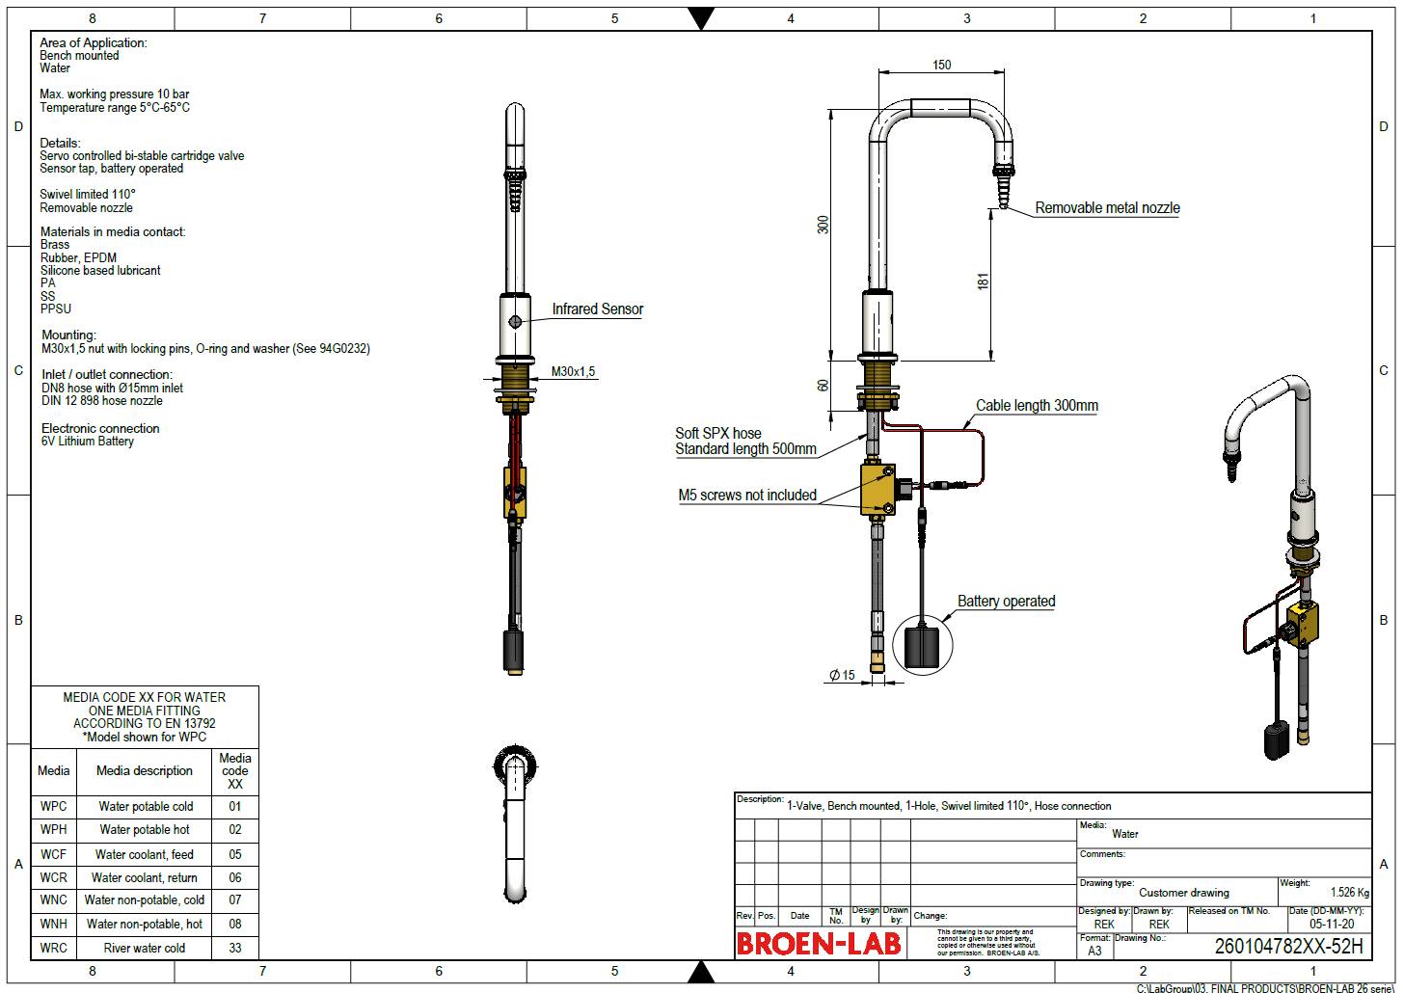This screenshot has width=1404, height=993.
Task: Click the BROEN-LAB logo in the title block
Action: tap(819, 944)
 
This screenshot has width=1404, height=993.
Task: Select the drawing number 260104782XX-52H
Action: tap(1288, 946)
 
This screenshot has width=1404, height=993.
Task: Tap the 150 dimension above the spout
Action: tap(941, 65)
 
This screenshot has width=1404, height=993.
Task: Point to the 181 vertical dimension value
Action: tap(983, 282)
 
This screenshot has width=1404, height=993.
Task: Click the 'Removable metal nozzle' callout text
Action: tap(1107, 207)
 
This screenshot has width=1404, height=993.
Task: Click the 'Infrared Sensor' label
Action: tap(597, 309)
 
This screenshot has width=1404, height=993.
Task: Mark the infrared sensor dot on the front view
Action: tap(516, 322)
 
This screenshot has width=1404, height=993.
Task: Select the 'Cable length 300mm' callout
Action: tap(1037, 406)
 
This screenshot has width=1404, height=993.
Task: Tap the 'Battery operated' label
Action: tap(1006, 602)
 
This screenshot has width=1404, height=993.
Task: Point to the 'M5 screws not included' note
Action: tap(747, 496)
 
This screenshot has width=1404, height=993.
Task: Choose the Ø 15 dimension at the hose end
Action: tap(842, 676)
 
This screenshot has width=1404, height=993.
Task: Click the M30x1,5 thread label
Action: tap(573, 372)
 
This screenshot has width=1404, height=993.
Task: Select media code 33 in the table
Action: tap(235, 948)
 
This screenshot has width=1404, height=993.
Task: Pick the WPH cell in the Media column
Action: tap(54, 830)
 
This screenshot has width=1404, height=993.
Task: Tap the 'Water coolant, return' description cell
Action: tap(145, 878)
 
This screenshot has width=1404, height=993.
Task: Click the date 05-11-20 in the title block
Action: tap(1331, 924)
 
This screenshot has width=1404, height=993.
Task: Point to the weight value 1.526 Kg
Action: tap(1349, 893)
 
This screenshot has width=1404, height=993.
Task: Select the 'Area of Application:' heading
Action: tap(94, 42)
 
